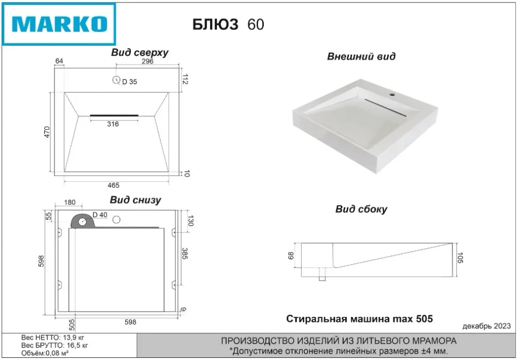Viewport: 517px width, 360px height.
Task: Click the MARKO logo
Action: coord(59,24)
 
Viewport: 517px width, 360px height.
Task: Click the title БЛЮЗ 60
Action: coord(228,24)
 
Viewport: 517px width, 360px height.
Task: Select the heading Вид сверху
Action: coord(139,52)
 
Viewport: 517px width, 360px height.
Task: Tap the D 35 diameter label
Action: coord(130,82)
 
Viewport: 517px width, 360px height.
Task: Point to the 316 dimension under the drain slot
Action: coord(113,124)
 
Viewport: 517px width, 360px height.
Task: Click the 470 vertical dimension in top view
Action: coord(47,132)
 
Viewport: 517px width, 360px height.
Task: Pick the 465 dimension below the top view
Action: coord(113,185)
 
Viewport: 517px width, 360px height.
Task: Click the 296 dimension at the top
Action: coord(148,61)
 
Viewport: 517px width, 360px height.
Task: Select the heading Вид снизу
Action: coord(136,200)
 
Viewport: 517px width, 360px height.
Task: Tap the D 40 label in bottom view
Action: coord(100,215)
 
